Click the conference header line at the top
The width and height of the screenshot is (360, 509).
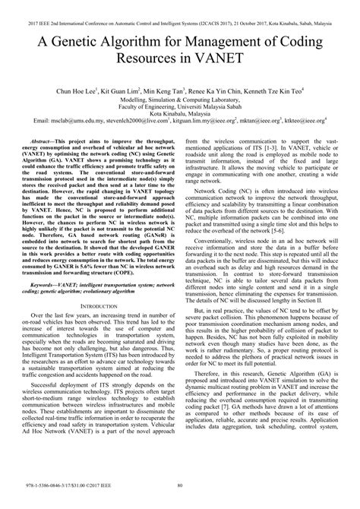180,14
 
